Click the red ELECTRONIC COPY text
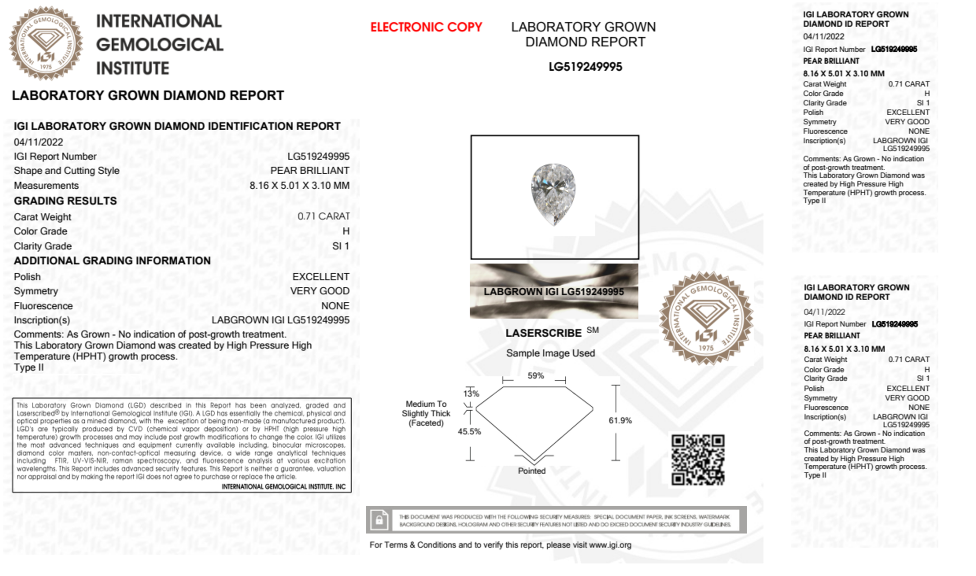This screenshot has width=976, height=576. (x=426, y=27)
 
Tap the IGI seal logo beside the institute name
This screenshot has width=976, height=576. (x=46, y=43)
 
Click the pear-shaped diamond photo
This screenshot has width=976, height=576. (x=553, y=194)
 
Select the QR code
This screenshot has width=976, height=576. (x=697, y=459)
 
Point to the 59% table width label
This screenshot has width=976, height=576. (x=535, y=376)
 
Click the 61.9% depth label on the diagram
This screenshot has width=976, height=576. (x=620, y=420)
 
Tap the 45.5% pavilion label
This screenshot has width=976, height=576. (x=469, y=431)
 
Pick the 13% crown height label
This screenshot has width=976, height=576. (x=471, y=394)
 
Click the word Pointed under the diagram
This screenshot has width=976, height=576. (x=532, y=471)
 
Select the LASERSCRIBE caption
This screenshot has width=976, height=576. (x=543, y=333)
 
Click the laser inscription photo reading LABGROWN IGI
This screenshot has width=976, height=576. (x=554, y=291)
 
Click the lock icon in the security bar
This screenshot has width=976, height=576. (x=379, y=520)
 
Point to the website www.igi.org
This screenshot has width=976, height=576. (x=610, y=545)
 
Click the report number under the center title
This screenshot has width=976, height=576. (x=585, y=67)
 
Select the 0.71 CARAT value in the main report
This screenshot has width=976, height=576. (x=323, y=216)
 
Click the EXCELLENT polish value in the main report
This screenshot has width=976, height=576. (x=320, y=277)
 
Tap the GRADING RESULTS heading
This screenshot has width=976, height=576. (x=65, y=201)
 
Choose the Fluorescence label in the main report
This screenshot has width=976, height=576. (x=43, y=306)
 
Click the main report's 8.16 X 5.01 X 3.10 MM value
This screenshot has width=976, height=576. (x=299, y=185)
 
